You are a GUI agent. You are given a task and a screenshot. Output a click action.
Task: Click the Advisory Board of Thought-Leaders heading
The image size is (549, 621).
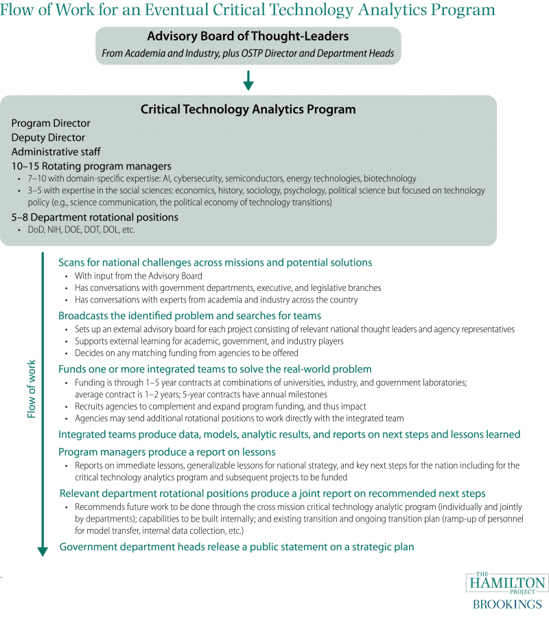248,36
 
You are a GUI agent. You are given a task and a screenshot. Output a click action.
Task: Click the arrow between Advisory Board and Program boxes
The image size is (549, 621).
248,81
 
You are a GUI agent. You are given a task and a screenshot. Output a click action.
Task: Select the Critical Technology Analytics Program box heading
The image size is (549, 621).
248,109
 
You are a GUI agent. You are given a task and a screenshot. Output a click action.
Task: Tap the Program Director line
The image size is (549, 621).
51,124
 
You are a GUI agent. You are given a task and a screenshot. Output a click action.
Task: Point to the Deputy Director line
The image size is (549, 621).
48,137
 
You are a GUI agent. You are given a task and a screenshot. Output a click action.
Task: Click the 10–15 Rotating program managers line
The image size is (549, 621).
91,166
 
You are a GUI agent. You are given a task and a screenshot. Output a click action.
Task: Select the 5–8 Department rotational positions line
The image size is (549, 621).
95,217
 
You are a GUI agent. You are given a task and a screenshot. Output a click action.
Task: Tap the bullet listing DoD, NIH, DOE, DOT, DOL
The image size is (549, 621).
81,230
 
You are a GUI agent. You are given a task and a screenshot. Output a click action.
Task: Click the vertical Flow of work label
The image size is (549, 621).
31,388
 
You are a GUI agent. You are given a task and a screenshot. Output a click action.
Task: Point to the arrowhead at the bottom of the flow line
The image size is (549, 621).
43,550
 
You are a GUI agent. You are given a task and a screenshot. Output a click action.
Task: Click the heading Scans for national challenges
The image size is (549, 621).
215,262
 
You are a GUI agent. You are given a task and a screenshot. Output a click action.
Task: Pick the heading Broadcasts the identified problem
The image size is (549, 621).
190,316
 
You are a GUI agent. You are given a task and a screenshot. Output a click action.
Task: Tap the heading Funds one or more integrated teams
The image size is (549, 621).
215,369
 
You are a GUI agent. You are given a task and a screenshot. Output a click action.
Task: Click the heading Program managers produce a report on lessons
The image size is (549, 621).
167,452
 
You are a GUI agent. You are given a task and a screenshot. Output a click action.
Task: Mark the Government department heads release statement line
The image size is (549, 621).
237,547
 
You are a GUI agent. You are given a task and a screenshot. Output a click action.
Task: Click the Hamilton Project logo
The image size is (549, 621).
508,583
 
